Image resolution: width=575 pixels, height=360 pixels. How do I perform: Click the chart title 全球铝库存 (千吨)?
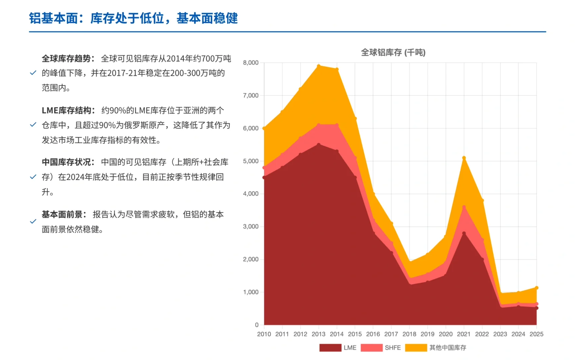click(393, 52)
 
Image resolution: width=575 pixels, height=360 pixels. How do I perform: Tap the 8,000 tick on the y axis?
click(251, 63)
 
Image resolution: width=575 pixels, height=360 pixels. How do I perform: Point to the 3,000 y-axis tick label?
click(251, 226)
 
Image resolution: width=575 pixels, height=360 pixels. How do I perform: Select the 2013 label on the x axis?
click(318, 334)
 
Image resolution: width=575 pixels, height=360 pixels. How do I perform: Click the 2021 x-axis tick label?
click(464, 334)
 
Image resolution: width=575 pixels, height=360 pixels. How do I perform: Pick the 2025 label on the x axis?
click(536, 334)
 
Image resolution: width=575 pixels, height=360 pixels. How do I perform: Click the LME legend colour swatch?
click(330, 348)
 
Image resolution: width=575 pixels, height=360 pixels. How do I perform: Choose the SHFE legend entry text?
click(393, 348)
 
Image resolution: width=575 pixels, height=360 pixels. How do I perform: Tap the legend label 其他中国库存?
click(448, 348)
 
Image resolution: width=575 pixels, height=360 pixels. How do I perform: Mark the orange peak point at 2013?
click(319, 66)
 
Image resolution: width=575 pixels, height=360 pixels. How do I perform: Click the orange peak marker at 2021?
click(464, 158)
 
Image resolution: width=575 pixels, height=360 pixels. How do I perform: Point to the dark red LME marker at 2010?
click(264, 177)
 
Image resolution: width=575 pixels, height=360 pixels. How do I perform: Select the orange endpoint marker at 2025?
click(537, 288)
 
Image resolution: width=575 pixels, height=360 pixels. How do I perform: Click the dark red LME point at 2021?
click(464, 233)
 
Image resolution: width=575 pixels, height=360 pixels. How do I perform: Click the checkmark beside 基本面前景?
click(33, 221)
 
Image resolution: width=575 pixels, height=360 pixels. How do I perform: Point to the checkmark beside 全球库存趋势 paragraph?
click(33, 73)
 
